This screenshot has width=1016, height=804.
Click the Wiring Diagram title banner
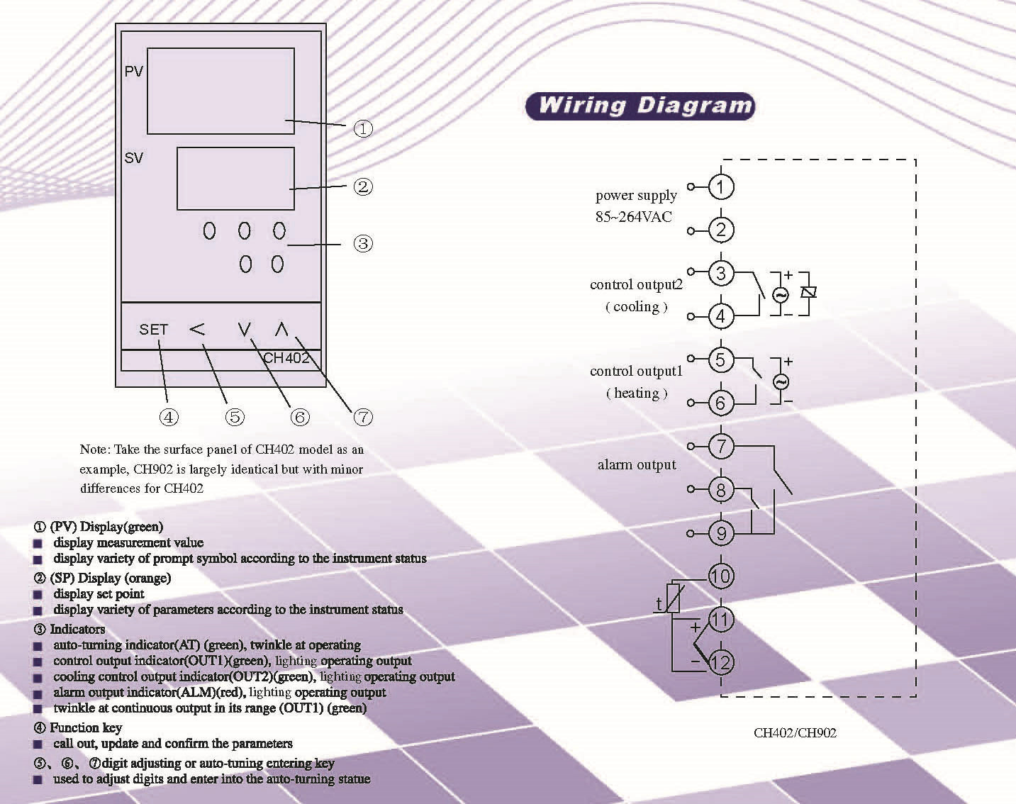[640, 106]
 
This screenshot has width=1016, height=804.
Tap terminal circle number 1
[721, 187]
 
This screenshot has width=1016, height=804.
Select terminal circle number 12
[721, 662]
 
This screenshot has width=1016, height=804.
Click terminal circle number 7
[721, 446]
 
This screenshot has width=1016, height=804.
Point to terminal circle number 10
[721, 576]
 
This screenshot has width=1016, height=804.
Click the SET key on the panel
[153, 329]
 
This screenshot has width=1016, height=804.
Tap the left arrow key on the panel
[197, 329]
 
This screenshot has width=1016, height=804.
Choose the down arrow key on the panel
[244, 329]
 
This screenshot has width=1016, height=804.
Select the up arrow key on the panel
[281, 329]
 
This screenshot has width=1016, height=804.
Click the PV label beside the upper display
[133, 72]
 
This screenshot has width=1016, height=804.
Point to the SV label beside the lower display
[133, 157]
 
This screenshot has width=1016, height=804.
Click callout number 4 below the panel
[169, 417]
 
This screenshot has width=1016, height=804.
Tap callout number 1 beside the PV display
[363, 128]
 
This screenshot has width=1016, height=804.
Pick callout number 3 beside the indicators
[363, 244]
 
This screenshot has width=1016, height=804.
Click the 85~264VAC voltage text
[634, 217]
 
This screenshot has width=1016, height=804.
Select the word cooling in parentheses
[637, 307]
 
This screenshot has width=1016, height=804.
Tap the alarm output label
[637, 465]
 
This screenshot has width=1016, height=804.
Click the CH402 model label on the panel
[286, 358]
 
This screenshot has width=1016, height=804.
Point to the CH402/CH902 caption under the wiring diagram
[795, 732]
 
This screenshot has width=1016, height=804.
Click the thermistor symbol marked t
[672, 598]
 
